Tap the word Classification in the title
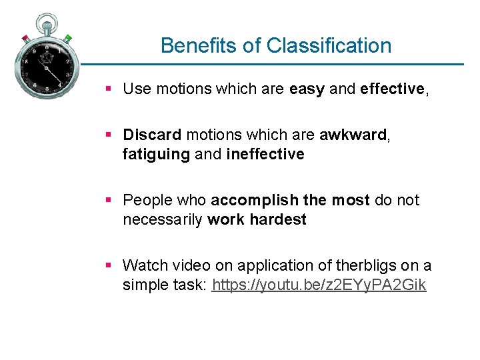click(x=329, y=46)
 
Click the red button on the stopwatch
click(x=25, y=38)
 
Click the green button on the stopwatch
click(x=68, y=38)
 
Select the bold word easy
click(x=307, y=89)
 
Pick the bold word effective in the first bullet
click(x=392, y=89)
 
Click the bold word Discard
click(x=152, y=135)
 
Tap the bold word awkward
click(x=353, y=135)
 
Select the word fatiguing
click(x=156, y=155)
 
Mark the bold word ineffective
click(x=265, y=155)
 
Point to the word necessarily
click(x=163, y=220)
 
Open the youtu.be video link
click(x=319, y=285)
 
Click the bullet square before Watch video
click(x=109, y=266)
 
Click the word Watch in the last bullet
click(x=144, y=266)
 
